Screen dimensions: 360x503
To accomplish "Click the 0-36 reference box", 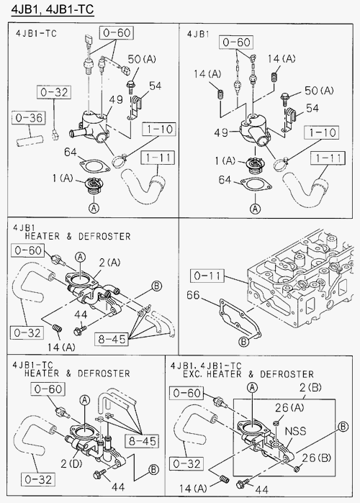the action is tap(29, 118).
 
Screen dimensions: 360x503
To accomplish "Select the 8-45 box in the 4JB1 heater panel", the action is tap(112, 339).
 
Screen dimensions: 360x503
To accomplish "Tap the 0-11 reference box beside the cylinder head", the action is tap(207, 276).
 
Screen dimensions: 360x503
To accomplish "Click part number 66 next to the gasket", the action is tap(193, 295).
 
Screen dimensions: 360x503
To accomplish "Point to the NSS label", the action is tap(295, 431).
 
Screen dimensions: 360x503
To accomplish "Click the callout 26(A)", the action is tap(289, 407).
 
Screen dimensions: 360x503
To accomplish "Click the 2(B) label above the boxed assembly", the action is tap(310, 388).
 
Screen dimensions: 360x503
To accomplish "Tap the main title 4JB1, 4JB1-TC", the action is tap(53, 9).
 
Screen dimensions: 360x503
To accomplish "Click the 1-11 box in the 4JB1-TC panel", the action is tap(158, 158).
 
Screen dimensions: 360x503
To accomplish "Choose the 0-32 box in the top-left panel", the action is tap(54, 92).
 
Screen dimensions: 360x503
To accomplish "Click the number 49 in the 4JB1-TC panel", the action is tap(116, 99).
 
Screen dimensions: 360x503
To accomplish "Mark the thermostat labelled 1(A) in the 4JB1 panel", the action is tap(253, 166).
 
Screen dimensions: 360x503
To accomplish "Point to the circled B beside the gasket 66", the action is tap(244, 342).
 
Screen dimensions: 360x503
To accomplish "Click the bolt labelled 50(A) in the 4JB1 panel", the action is tap(285, 99).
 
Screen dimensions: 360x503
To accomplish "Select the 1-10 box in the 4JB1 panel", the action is tap(323, 132).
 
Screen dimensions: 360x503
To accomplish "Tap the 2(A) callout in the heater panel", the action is tap(109, 263).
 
